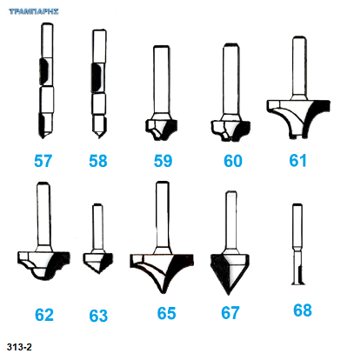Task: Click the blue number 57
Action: [43, 161]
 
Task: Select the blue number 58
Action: [98, 161]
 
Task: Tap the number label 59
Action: [163, 161]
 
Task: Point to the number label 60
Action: [233, 161]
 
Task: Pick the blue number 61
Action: [297, 161]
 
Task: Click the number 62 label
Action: [44, 315]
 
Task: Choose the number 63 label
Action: [98, 316]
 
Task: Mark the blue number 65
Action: [166, 313]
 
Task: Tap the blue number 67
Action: [231, 313]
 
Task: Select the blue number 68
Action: [303, 310]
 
